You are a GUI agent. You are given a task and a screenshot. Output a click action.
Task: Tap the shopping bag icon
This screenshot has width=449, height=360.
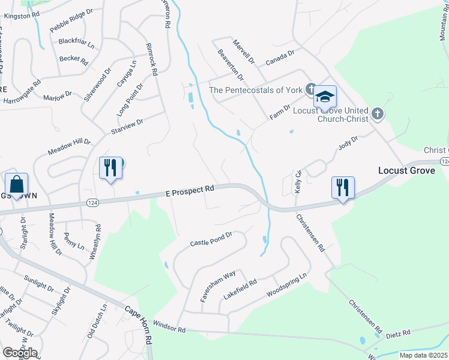(x=17, y=184)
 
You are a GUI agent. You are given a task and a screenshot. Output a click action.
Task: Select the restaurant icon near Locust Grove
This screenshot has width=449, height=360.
(x=343, y=187)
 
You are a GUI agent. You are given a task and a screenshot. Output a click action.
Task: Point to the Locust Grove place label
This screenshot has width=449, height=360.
(x=406, y=170)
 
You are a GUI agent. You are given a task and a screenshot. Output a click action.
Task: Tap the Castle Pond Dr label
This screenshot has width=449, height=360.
(x=211, y=239)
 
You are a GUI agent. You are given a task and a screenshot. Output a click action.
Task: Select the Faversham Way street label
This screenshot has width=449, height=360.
(x=217, y=286)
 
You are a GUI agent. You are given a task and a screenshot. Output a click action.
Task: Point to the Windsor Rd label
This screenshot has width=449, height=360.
(x=170, y=329)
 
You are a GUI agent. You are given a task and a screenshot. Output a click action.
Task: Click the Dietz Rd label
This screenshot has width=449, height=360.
(x=397, y=333)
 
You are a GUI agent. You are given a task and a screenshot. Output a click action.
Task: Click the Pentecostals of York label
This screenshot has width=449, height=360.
(x=255, y=91)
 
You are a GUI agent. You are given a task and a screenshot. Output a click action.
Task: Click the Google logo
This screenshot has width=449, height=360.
(x=20, y=353)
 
